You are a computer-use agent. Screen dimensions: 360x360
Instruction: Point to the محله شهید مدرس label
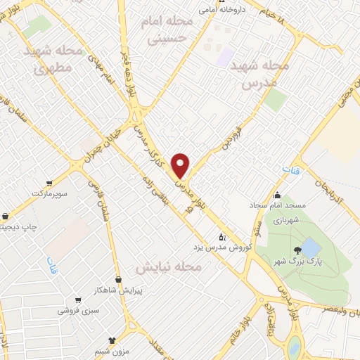pyautogui.click(x=266, y=73)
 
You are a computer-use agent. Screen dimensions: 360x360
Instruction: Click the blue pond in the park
pyautogui.click(x=309, y=247)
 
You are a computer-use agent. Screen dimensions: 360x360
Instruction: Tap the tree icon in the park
pyautogui.click(x=299, y=250)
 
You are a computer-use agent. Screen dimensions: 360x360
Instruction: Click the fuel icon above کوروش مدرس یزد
pyautogui.click(x=222, y=237)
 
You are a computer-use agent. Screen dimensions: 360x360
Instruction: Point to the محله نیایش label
pyautogui.click(x=169, y=268)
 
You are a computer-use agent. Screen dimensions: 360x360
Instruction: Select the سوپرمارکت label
pyautogui.click(x=49, y=191)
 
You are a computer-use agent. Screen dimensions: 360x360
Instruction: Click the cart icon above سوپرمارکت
pyautogui.click(x=48, y=181)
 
